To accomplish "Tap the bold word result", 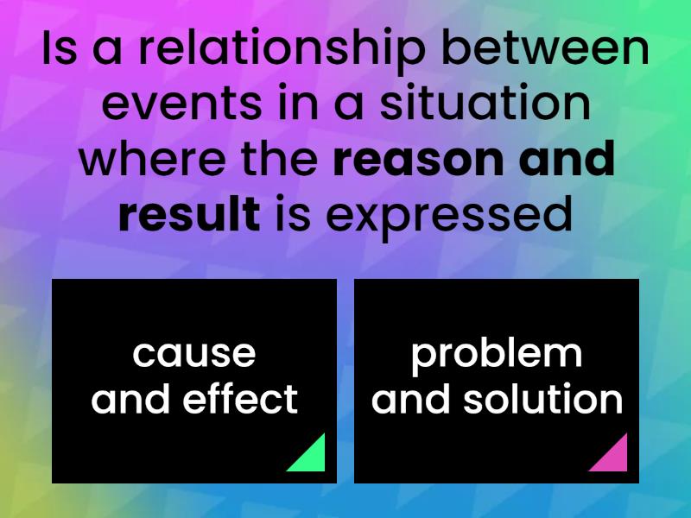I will (x=189, y=214).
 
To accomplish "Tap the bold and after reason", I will (x=567, y=161).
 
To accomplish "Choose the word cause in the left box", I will (x=194, y=354).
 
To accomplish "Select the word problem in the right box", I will (x=497, y=354).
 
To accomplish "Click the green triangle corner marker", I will (x=312, y=458).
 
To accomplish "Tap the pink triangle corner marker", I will (x=614, y=458).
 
